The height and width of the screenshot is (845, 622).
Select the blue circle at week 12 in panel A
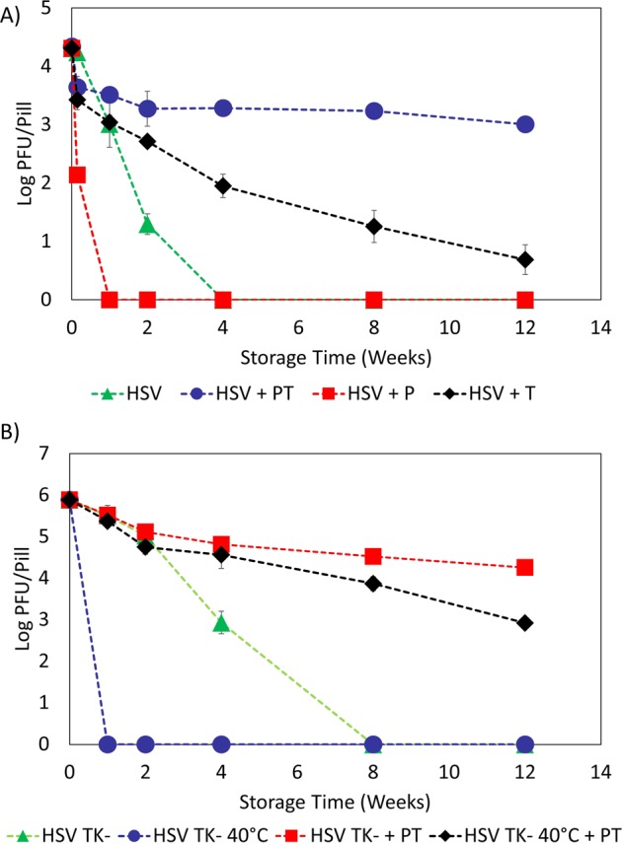click(x=525, y=124)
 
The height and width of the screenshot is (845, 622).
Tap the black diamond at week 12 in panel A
click(x=525, y=259)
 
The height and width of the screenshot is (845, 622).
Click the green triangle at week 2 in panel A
click(x=147, y=225)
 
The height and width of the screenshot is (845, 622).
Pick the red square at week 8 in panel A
click(x=374, y=299)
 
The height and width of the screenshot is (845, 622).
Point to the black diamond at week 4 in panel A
click(x=223, y=185)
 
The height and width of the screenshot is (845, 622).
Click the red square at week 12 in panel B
click(x=525, y=568)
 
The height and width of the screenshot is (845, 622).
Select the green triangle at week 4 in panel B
click(x=223, y=622)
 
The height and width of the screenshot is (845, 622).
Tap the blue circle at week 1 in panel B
click(x=109, y=744)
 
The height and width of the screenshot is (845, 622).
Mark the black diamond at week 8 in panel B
click(x=374, y=584)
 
